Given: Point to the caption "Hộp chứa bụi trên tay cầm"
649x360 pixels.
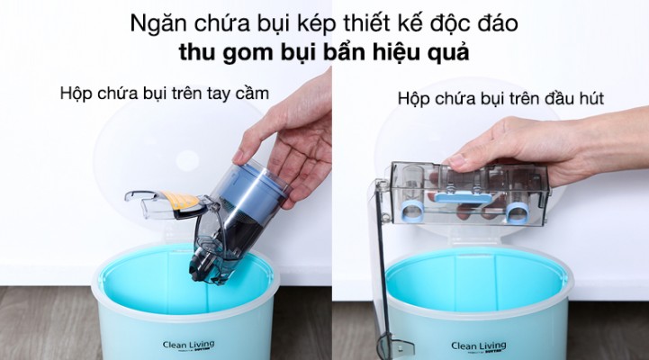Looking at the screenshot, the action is click(165, 94).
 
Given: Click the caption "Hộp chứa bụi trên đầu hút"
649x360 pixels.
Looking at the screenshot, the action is click(500, 99).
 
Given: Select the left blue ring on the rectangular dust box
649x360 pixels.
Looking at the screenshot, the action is click(412, 211).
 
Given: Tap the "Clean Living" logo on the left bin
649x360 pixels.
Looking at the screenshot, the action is click(189, 346).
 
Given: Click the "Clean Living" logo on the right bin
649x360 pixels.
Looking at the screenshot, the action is click(479, 346).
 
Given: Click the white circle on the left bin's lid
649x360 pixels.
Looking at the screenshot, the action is click(187, 161).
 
